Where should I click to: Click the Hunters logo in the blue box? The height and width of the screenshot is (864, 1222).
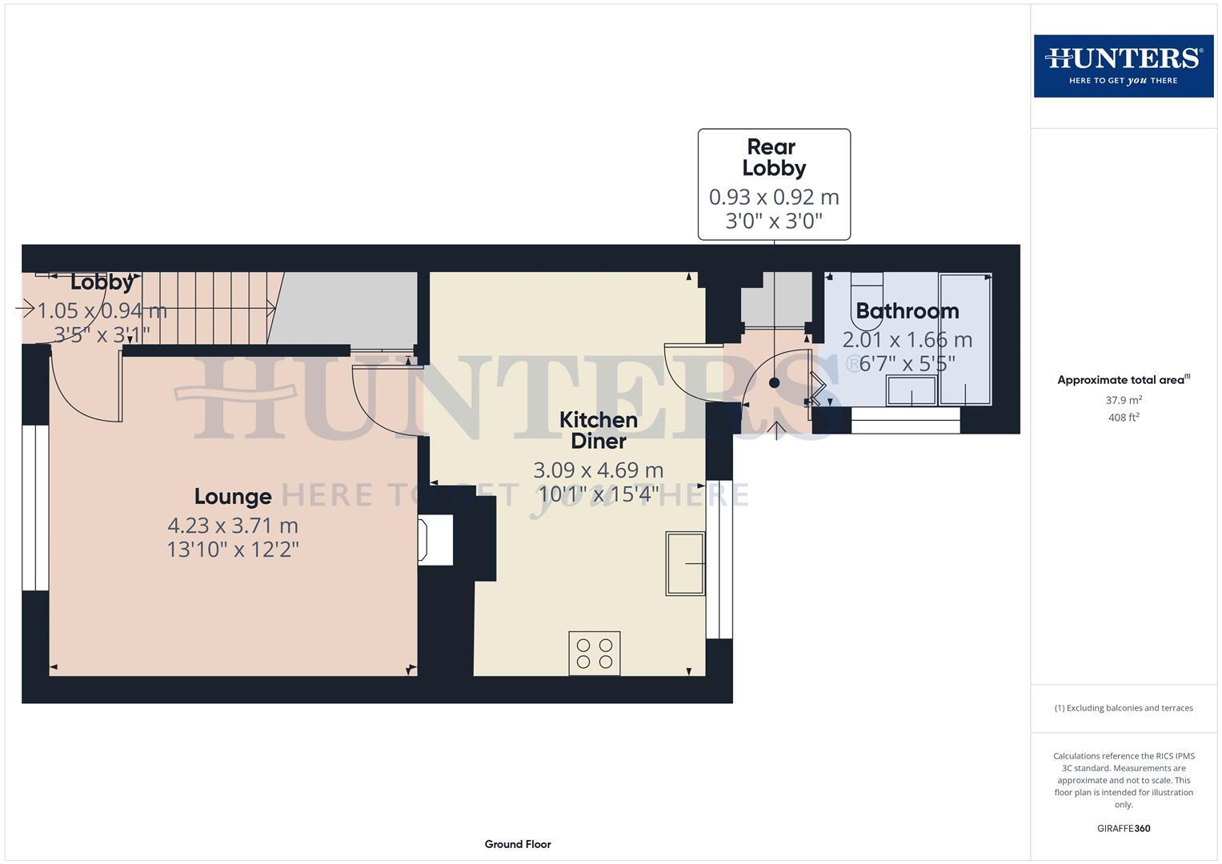(1123, 66)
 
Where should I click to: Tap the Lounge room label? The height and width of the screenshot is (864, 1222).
(233, 497)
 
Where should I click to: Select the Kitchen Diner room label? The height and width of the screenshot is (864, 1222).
(598, 430)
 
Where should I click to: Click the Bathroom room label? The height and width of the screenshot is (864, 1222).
(907, 310)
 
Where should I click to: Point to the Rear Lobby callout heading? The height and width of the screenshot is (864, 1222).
(773, 158)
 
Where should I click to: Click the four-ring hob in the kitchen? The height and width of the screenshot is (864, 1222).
(594, 653)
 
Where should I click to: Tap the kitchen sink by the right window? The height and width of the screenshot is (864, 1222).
(685, 563)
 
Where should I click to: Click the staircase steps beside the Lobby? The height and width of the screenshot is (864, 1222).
(216, 308)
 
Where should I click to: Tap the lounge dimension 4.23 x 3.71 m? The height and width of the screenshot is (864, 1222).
(232, 526)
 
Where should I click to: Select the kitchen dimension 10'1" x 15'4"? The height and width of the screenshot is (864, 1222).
(599, 494)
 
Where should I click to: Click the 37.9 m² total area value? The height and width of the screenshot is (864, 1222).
(1123, 400)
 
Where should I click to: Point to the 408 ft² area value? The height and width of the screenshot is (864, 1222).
(1123, 418)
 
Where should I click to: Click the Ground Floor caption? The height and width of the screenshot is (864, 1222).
(517, 844)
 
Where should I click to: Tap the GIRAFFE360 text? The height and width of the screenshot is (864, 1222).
(1123, 828)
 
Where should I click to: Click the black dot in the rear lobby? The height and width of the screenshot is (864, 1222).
(774, 383)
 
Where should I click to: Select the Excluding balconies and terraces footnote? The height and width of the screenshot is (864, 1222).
(1123, 708)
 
